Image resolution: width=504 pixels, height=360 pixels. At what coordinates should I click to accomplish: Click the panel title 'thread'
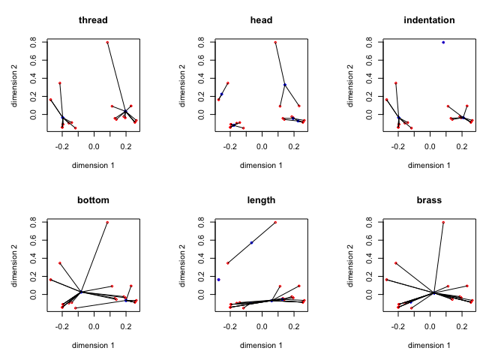point(93,20)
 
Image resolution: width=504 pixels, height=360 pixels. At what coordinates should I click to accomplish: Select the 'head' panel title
point(261,20)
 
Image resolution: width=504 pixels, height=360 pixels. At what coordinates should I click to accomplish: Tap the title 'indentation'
point(429,20)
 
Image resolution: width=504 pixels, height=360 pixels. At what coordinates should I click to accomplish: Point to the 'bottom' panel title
point(93,200)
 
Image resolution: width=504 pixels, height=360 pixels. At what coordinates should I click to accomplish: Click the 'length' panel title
point(261,200)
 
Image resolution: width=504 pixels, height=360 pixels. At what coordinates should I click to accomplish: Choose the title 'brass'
point(429,200)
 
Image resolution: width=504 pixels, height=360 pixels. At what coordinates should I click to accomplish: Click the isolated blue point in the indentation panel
point(443,42)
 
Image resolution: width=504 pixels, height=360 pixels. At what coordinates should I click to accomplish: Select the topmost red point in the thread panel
point(107,42)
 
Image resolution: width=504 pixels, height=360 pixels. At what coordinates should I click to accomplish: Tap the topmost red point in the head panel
point(275,42)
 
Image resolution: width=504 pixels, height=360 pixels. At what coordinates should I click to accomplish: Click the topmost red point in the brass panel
point(443,222)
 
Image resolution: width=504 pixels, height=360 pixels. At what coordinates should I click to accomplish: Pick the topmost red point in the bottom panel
point(107,222)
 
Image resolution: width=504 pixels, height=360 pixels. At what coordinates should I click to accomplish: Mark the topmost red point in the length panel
point(275,222)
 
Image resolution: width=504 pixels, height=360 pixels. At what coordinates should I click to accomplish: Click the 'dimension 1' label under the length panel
point(261,344)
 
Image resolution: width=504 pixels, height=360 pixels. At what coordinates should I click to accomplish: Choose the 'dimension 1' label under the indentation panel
point(429,164)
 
